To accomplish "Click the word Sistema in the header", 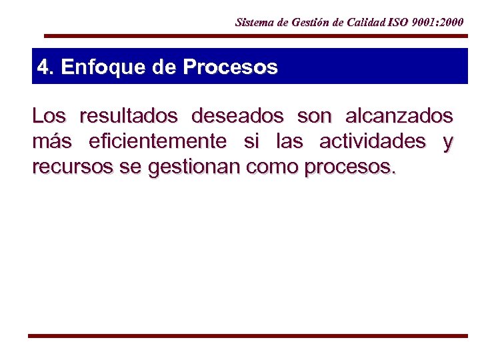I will (x=254, y=22).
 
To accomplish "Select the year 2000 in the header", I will (x=451, y=22).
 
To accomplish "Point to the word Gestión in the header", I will (x=308, y=22).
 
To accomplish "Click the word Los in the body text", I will (x=49, y=116).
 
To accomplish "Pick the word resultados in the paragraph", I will (x=128, y=116).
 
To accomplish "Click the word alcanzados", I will (x=399, y=116).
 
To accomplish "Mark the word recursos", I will (x=72, y=167).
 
